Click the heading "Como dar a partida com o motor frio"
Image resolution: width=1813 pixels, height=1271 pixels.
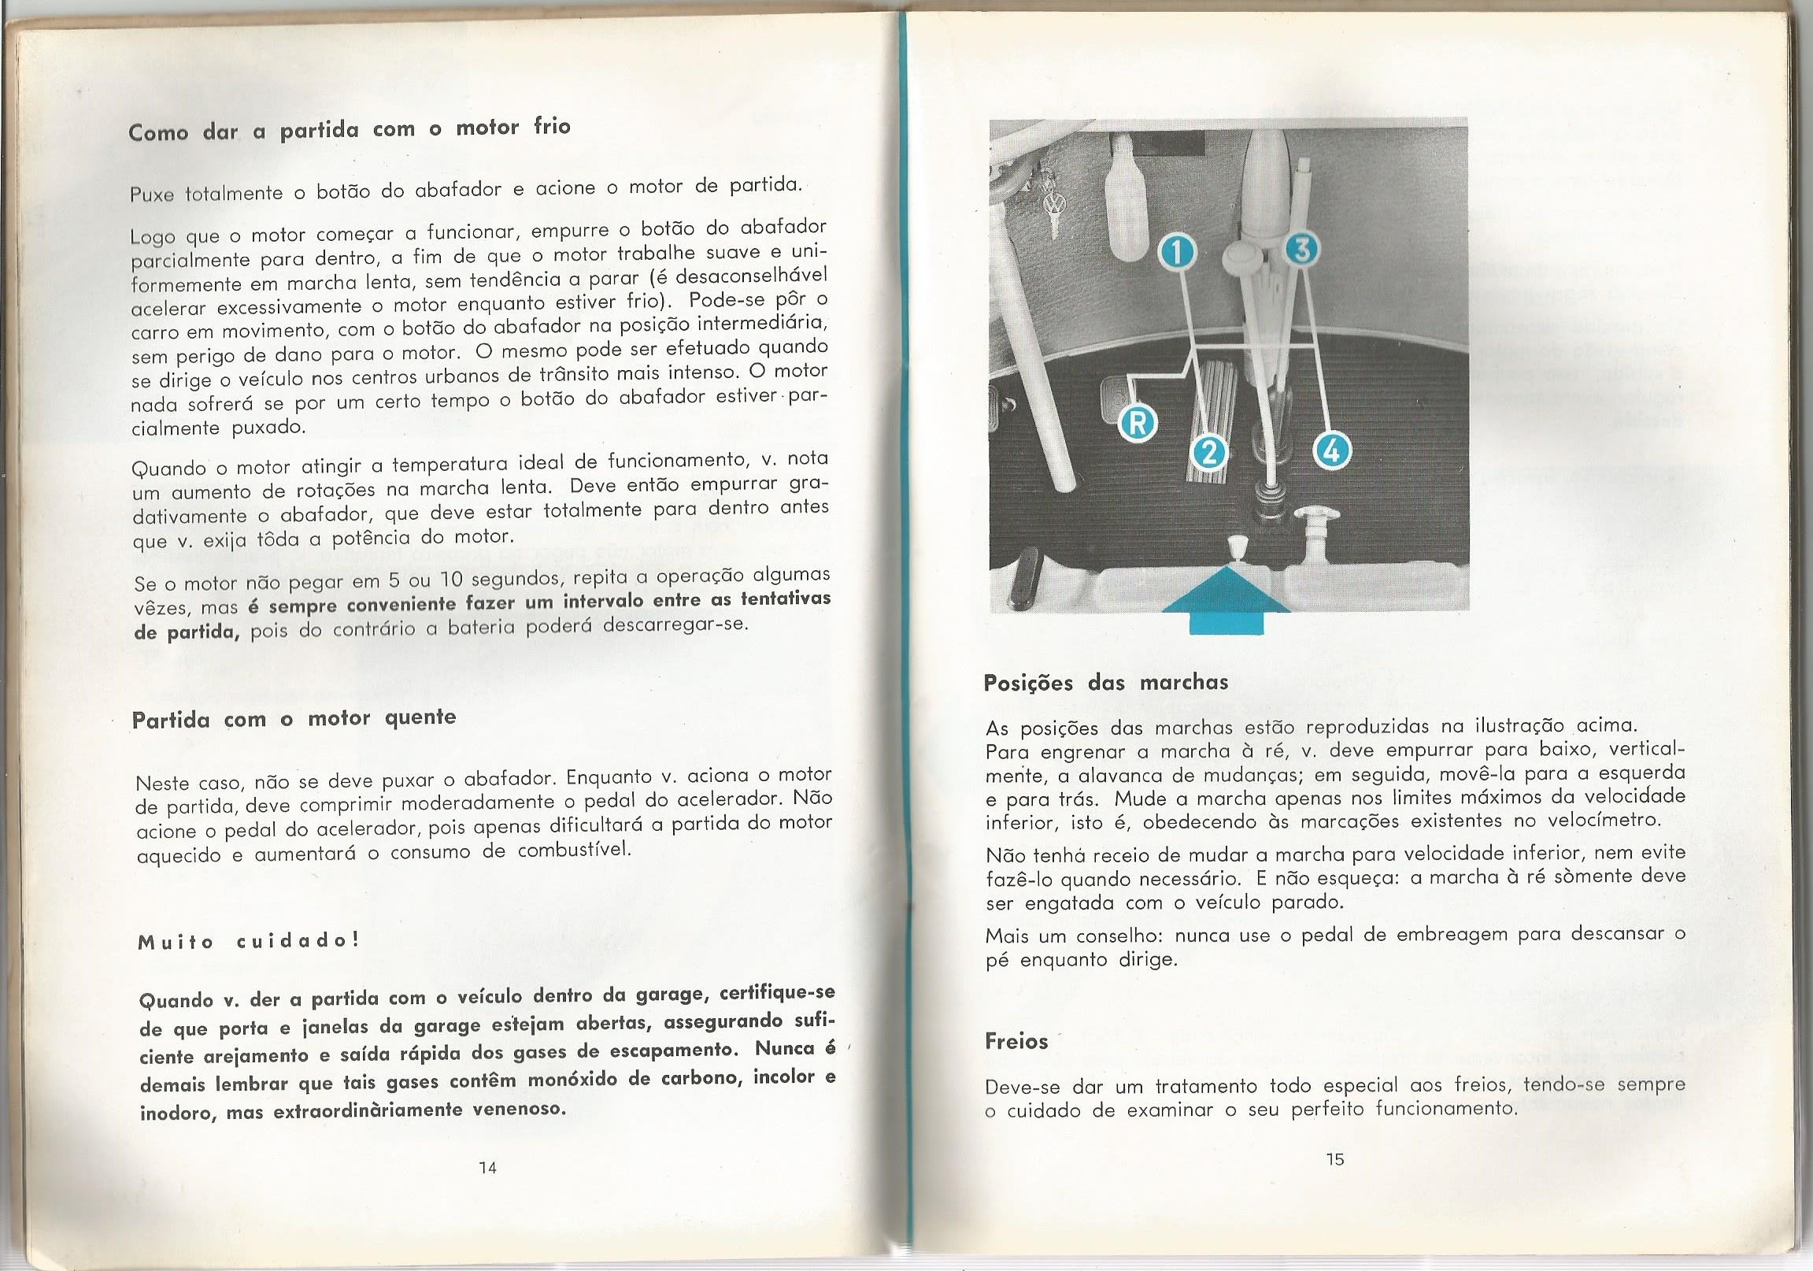point(349,130)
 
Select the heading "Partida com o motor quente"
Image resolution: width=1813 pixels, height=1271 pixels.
point(294,720)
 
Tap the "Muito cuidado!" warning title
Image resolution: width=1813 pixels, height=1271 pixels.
point(249,942)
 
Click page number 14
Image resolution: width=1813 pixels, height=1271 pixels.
point(487,1168)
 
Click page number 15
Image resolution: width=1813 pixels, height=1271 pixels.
point(1334,1159)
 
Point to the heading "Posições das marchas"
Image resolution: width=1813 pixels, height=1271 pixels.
point(1105,683)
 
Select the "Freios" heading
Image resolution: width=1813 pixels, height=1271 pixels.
point(1016,1041)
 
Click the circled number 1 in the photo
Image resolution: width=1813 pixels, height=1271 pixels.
point(1177,254)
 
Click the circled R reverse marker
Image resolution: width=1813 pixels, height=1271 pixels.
point(1138,424)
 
